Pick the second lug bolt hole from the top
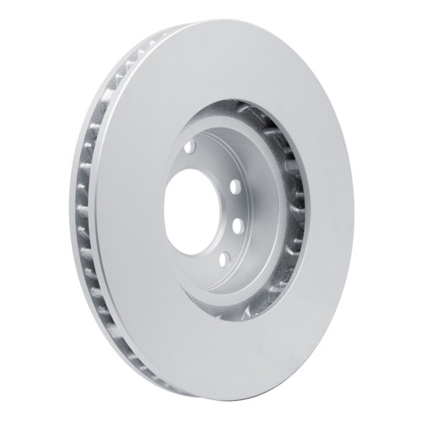coord(235,187)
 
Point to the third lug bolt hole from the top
coord(238,225)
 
